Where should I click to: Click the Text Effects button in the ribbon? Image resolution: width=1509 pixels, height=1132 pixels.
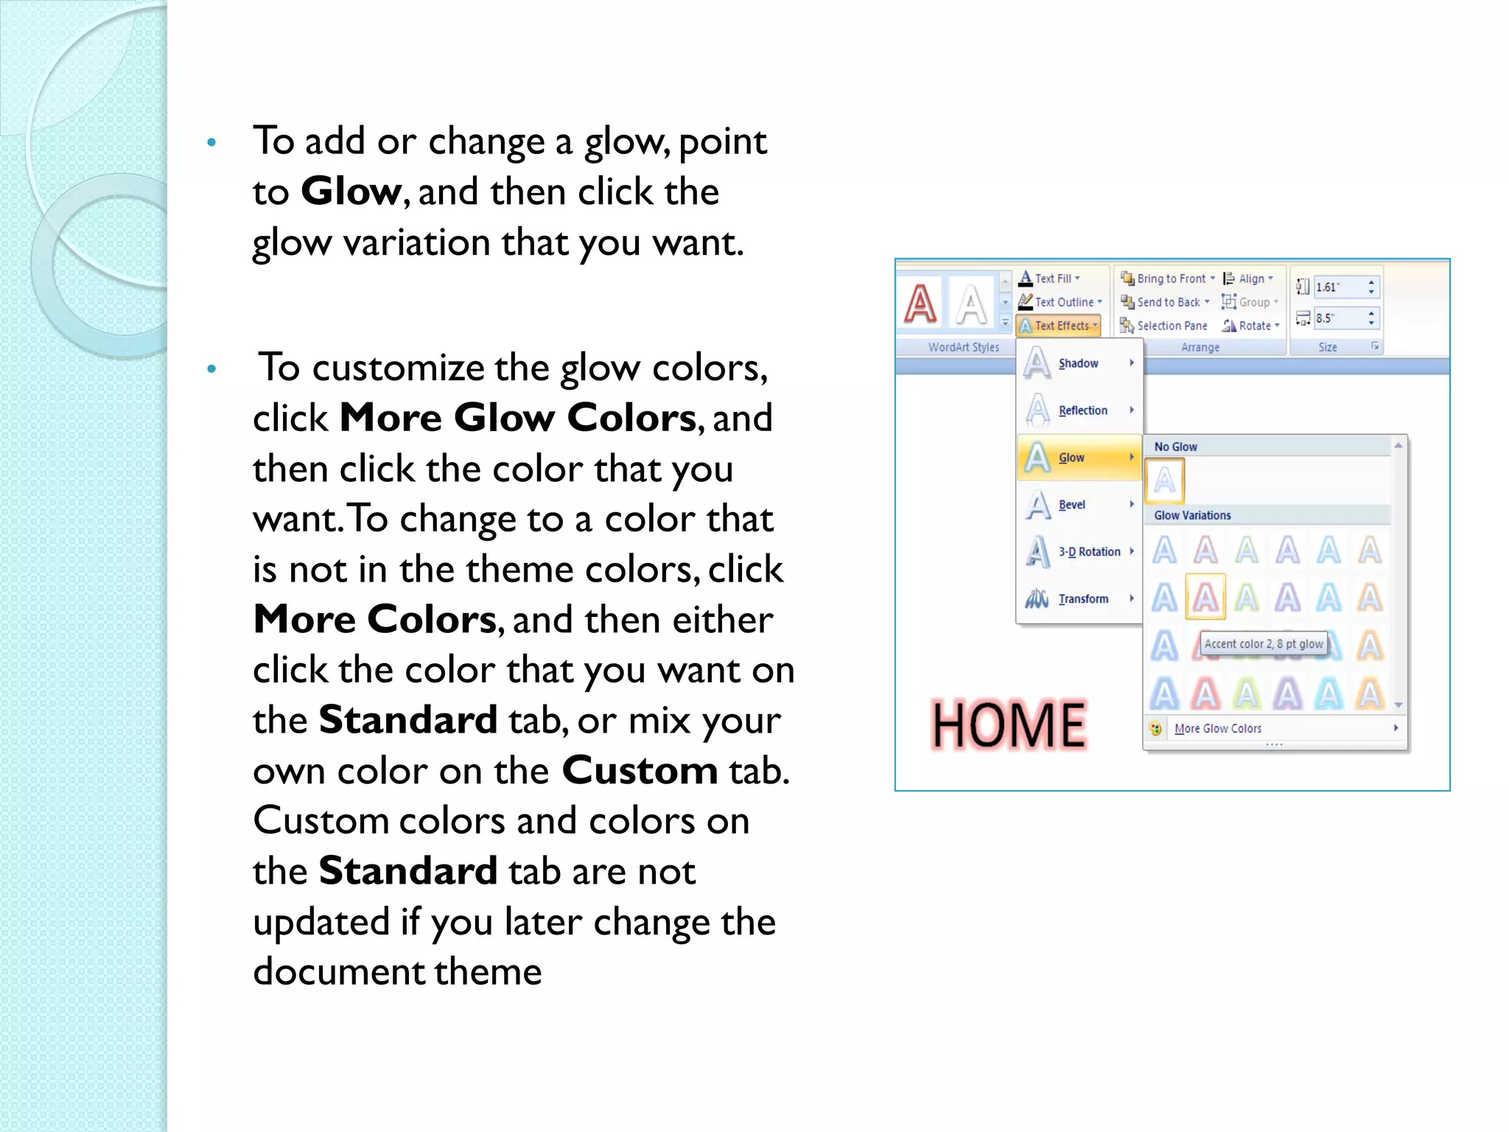click(x=1059, y=326)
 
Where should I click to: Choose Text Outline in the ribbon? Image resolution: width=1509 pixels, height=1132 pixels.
click(x=1061, y=302)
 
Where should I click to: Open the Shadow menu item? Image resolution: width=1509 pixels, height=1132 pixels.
click(x=1078, y=363)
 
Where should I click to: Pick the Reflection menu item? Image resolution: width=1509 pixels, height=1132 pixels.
click(x=1082, y=410)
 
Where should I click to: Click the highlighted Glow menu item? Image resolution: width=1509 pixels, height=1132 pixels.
click(x=1071, y=458)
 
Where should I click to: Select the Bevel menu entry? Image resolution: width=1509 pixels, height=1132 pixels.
click(x=1071, y=505)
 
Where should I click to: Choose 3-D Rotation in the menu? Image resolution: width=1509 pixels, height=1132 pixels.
click(x=1088, y=552)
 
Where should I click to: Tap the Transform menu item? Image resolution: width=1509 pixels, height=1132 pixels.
click(x=1082, y=599)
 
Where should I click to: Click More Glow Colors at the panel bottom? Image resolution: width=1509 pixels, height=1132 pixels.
click(x=1217, y=729)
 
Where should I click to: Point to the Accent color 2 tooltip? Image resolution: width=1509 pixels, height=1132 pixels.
click(x=1263, y=644)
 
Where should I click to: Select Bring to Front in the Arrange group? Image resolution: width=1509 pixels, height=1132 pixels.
click(x=1170, y=279)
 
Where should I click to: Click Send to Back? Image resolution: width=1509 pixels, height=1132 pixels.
click(x=1167, y=302)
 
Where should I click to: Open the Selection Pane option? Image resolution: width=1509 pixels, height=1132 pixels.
click(x=1171, y=326)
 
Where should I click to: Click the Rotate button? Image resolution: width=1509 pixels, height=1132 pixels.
click(x=1253, y=326)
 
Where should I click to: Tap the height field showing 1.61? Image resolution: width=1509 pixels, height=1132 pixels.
click(x=1337, y=287)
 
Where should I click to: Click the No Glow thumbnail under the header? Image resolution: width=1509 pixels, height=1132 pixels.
click(x=1165, y=481)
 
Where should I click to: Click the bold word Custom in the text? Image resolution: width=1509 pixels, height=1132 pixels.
click(x=640, y=771)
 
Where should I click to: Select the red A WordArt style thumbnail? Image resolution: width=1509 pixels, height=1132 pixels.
click(x=921, y=304)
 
